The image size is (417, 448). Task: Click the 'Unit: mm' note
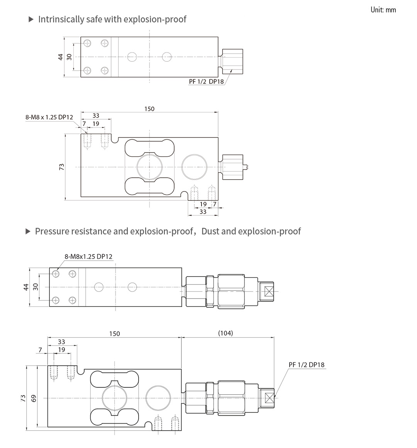[x=383, y=10]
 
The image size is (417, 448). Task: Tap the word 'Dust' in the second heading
[x=210, y=231]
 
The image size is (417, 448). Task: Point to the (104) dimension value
[x=225, y=333]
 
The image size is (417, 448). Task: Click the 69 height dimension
[x=34, y=398]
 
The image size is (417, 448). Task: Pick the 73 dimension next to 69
[x=23, y=398]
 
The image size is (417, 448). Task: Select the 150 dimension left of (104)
[x=115, y=334]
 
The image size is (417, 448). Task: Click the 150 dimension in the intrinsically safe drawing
[x=149, y=109]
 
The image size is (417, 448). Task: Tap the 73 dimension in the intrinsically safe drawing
[x=61, y=167]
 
